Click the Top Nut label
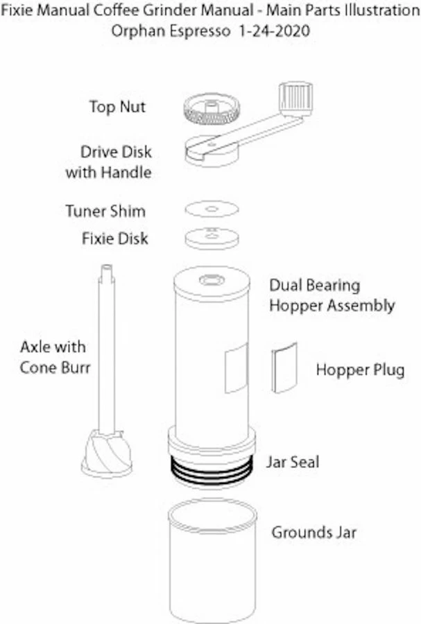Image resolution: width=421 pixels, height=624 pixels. [117, 107]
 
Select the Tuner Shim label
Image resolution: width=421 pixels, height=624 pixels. [105, 210]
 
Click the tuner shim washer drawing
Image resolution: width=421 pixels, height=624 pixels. [212, 209]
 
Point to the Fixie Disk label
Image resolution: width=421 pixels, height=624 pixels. [115, 239]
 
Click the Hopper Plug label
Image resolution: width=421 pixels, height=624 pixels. [360, 370]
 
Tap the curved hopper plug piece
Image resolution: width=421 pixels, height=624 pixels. [284, 368]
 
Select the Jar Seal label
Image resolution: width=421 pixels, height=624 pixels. [293, 462]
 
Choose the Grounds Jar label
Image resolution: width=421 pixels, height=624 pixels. [314, 532]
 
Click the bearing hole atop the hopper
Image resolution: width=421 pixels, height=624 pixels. [211, 281]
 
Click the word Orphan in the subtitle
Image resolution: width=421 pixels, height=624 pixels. [134, 31]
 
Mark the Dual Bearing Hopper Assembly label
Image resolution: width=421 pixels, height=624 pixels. [332, 295]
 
